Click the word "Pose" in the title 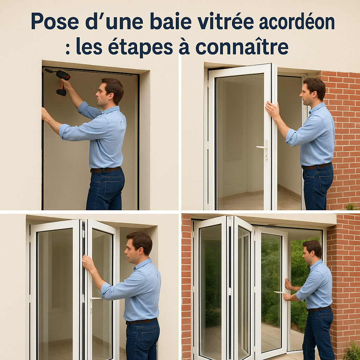coord(55,21)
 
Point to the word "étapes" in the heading coord(140,47)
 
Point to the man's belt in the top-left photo coord(105,170)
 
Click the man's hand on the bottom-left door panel coord(88,264)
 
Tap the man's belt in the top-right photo coord(317,166)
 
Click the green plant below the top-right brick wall coord(352,206)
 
